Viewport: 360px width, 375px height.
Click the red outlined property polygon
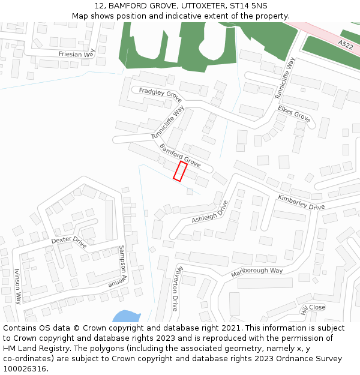[x=180, y=171]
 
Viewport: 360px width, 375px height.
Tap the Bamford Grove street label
[x=179, y=155]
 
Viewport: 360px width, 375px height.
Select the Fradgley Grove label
[x=160, y=94]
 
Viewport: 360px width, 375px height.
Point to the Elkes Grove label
[x=294, y=113]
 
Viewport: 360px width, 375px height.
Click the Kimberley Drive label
[x=301, y=202]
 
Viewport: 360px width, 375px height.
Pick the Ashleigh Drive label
[x=210, y=212]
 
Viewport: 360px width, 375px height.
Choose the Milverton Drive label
[x=176, y=289]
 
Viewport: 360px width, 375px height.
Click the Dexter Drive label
[x=69, y=242]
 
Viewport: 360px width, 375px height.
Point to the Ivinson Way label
[x=17, y=286]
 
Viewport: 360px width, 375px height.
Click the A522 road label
[x=346, y=45]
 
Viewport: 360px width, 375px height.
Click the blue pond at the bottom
[x=125, y=317]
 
